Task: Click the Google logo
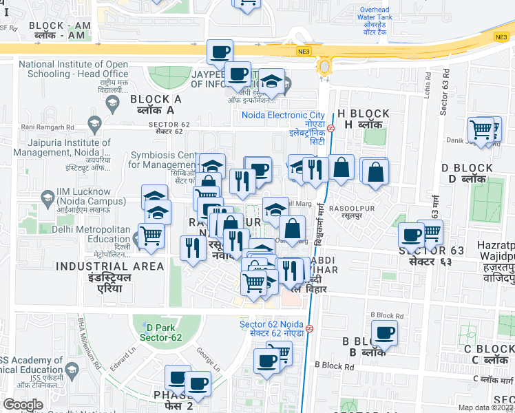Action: pyautogui.click(x=23, y=405)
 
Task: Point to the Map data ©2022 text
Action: pyautogui.click(x=486, y=407)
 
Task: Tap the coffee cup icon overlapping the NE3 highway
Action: pyautogui.click(x=220, y=52)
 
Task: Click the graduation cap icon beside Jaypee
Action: pyautogui.click(x=273, y=81)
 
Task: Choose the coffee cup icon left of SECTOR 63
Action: pyautogui.click(x=412, y=235)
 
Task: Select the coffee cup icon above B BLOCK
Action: pyautogui.click(x=385, y=333)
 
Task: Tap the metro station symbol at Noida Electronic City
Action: pyautogui.click(x=331, y=128)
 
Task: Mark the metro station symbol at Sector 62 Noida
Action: pyautogui.click(x=310, y=328)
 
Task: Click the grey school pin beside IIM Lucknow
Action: pyautogui.click(x=48, y=200)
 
